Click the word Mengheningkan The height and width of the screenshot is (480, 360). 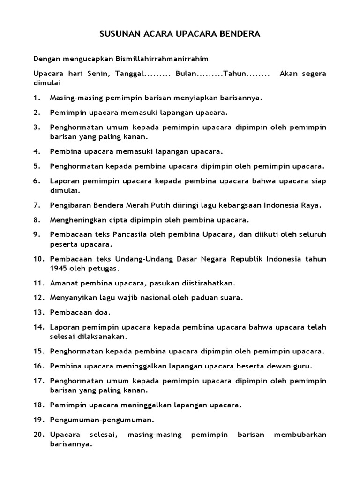[x=75, y=220]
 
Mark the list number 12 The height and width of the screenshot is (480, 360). [x=38, y=298]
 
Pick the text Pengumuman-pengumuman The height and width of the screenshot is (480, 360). [x=102, y=420]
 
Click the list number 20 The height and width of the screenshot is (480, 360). [x=38, y=435]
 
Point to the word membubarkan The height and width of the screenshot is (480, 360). [x=303, y=435]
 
